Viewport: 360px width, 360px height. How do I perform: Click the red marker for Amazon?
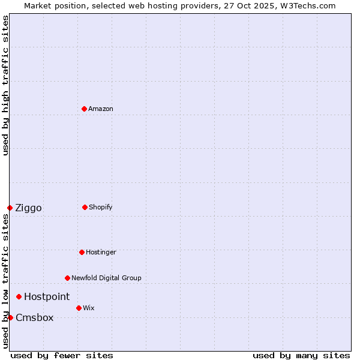(x=84, y=109)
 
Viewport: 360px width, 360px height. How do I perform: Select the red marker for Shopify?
(x=85, y=207)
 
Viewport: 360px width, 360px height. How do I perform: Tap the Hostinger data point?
(x=82, y=252)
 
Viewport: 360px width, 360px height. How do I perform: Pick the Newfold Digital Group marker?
(x=67, y=278)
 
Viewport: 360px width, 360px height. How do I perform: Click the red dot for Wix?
(x=79, y=308)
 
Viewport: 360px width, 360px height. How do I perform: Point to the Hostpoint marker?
(x=19, y=296)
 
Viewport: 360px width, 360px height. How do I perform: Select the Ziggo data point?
(x=10, y=208)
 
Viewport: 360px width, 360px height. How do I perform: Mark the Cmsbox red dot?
(x=10, y=317)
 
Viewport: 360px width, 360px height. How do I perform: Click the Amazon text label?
(x=101, y=109)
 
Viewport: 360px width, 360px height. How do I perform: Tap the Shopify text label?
(x=101, y=207)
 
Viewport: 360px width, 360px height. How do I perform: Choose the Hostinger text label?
(x=101, y=252)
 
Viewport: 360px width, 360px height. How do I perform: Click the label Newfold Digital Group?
(x=106, y=278)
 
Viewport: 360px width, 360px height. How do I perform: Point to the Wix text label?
(x=89, y=308)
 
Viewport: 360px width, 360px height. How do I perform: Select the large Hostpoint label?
(x=47, y=296)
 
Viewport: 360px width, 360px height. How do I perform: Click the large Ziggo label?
(x=28, y=208)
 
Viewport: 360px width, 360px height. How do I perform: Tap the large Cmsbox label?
(x=35, y=318)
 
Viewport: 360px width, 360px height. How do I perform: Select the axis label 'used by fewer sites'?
(x=62, y=355)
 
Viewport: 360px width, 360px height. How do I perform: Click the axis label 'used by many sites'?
(x=301, y=355)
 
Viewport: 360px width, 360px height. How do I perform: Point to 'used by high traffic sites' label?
(x=5, y=85)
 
